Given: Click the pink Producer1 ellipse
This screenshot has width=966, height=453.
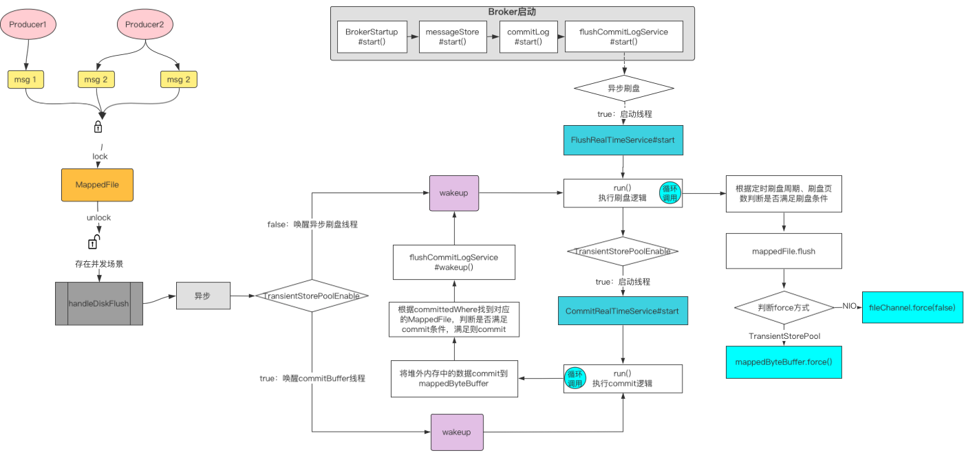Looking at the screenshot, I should click(x=28, y=25).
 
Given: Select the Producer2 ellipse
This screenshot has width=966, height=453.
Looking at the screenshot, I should click(x=144, y=25).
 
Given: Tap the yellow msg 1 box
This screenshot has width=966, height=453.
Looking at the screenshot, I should click(x=25, y=80).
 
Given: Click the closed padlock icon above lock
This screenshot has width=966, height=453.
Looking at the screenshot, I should click(x=98, y=127).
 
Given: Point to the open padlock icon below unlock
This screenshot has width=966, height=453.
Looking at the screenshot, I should click(x=94, y=242).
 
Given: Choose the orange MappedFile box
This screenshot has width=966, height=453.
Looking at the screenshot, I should click(x=97, y=185).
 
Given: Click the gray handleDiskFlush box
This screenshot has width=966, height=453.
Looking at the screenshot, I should click(x=98, y=303).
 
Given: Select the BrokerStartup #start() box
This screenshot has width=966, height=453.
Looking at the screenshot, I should click(x=372, y=36).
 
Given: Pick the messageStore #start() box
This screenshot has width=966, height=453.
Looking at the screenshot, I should click(x=452, y=36).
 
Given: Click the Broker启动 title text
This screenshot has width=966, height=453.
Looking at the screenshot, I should click(x=512, y=12).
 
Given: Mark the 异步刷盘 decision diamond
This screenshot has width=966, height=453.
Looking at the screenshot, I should click(x=623, y=89).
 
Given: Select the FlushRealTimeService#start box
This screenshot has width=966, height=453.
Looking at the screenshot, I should click(x=623, y=140).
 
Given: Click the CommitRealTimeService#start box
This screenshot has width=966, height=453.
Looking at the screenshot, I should click(x=622, y=311).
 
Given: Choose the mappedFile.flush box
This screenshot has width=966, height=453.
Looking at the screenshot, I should click(x=784, y=252).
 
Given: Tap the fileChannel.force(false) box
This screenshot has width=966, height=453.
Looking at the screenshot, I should click(x=912, y=307).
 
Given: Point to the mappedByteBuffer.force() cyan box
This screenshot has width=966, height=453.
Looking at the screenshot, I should click(x=784, y=362).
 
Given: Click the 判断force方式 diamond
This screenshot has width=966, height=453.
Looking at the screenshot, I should click(x=784, y=307).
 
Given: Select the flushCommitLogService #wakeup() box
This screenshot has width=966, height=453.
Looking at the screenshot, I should click(x=453, y=262).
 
